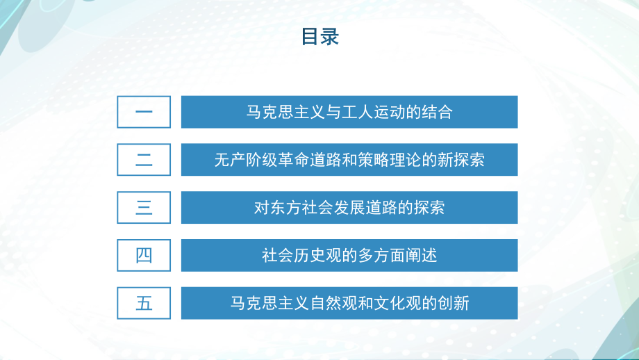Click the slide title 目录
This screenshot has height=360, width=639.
319,37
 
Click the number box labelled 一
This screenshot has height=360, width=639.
144,112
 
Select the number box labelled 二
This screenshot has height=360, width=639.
144,160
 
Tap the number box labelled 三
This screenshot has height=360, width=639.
144,208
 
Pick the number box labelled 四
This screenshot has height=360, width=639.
144,255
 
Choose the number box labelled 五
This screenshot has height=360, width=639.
144,303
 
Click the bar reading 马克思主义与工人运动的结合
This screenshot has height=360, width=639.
349,112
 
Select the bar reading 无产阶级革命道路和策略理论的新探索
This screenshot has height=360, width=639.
349,160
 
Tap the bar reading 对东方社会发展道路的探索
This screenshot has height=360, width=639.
349,208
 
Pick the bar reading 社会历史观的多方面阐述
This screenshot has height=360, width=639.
349,255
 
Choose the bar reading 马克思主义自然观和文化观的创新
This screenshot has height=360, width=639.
349,303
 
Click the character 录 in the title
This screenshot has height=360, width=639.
329,37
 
